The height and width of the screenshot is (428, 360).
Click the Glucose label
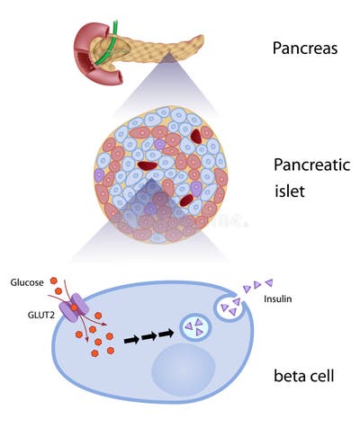point(27,282)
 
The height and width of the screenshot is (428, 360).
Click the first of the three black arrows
point(132,340)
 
